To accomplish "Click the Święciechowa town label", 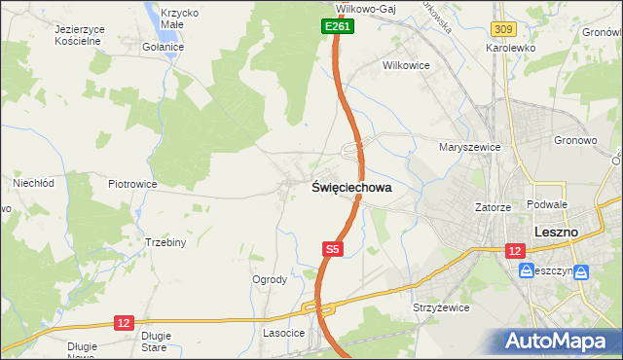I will tap(352, 188).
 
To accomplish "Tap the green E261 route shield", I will tap(337, 27).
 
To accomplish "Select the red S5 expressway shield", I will tap(332, 249).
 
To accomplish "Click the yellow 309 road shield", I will tap(503, 32).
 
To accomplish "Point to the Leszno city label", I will tap(557, 233).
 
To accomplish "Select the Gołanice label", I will tap(163, 46).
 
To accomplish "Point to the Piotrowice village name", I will tap(132, 183).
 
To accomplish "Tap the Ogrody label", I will tap(270, 279).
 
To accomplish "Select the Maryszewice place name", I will tap(469, 147).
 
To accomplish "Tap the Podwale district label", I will tap(546, 204).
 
